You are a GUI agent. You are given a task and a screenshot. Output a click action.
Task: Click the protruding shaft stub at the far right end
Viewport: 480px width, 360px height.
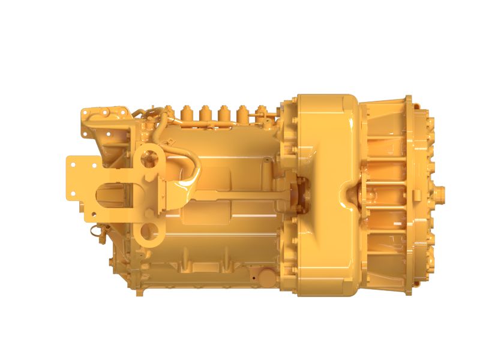[x=442, y=193]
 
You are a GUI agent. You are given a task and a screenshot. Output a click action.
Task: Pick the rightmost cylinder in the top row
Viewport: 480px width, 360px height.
[x=261, y=113]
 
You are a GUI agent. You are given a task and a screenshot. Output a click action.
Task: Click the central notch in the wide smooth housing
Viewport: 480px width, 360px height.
[x=347, y=193]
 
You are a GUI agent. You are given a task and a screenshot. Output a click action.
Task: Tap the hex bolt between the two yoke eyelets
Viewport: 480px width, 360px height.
[x=146, y=194]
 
